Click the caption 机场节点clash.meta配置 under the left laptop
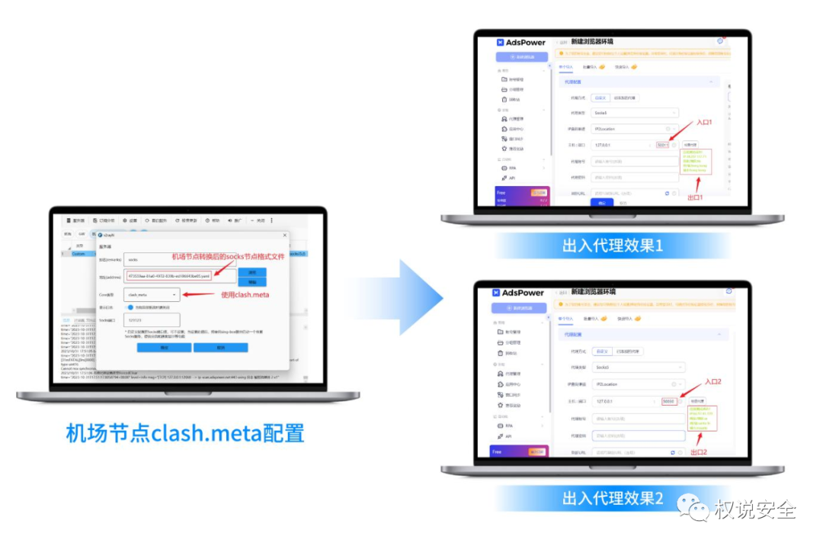pyautogui.click(x=185, y=433)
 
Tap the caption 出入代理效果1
pyautogui.click(x=613, y=246)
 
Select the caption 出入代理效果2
pyautogui.click(x=613, y=499)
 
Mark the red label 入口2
pyautogui.click(x=713, y=381)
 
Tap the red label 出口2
pyautogui.click(x=698, y=452)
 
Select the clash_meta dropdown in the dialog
pyautogui.click(x=152, y=294)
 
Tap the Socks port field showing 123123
pyautogui.click(x=152, y=320)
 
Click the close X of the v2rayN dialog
pyautogui.click(x=284, y=236)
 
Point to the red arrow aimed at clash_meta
pyautogui.click(x=199, y=294)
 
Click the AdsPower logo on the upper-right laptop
pyautogui.click(x=520, y=43)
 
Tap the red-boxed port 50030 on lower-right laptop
pyautogui.click(x=668, y=401)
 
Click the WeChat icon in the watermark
pyautogui.click(x=697, y=508)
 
